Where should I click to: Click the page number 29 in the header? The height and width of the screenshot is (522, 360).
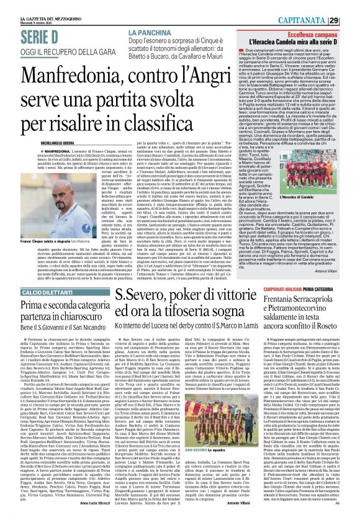tap(351, 6)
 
